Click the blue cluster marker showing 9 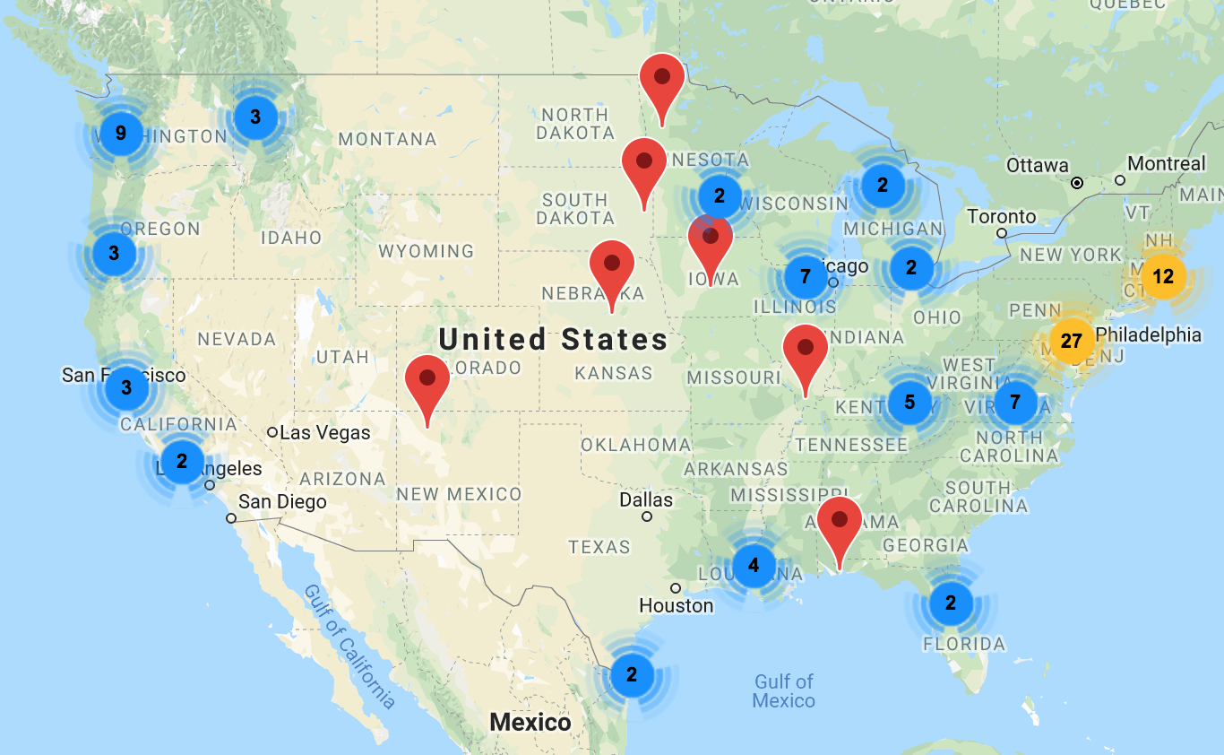pos(121,135)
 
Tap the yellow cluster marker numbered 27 pos(1071,341)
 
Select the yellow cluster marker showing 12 pos(1162,277)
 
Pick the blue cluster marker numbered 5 pos(909,402)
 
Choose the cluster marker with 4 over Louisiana pos(754,565)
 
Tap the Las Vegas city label pos(324,432)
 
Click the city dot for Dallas pos(647,516)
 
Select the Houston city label pos(677,605)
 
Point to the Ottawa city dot pos(1077,183)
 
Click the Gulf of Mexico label pos(784,690)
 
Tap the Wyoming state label pos(426,251)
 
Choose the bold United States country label pos(553,339)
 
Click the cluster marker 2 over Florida pos(951,603)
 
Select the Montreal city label pos(1166,164)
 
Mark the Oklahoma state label pos(635,445)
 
